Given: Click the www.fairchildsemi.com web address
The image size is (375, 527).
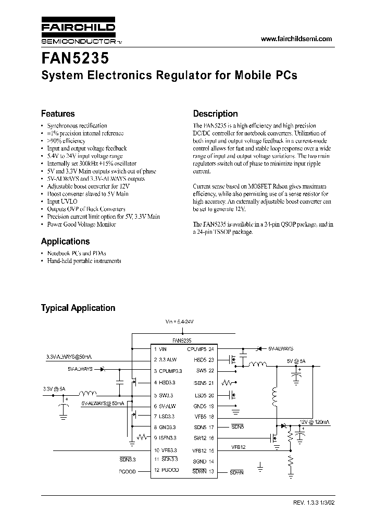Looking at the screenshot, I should [x=295, y=40].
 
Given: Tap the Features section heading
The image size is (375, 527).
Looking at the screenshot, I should [x=58, y=114].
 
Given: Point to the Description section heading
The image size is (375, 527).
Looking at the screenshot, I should [x=215, y=114].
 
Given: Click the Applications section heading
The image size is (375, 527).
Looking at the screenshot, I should [x=65, y=241].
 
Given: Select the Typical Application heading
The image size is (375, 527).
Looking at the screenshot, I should [x=78, y=308].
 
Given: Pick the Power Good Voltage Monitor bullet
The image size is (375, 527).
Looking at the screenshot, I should [x=81, y=224].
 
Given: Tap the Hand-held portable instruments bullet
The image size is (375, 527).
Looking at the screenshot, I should [x=84, y=260].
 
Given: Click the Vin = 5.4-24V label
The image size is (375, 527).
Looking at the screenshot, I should [x=179, y=323].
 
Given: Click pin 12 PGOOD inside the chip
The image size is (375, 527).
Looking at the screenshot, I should [x=167, y=470].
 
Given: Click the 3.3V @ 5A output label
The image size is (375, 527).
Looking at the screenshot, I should [x=54, y=388].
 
